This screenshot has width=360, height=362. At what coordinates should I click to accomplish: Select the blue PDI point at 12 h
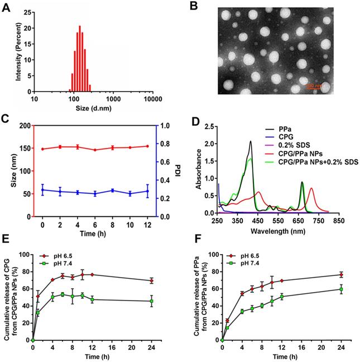coord(147,191)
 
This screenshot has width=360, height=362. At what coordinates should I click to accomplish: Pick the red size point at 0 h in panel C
coord(42,149)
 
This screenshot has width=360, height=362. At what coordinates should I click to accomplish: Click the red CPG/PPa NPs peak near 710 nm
coord(311,188)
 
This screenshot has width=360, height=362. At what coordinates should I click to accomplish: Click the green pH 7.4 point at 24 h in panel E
coord(150,301)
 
